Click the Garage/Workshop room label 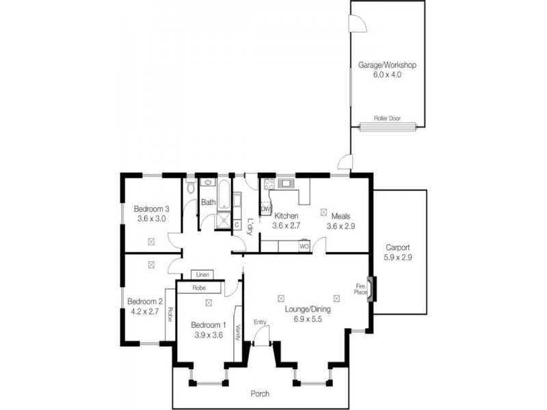[386, 66]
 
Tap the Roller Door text [387, 118]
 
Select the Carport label [397, 247]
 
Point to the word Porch [260, 394]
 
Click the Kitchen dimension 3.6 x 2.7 [286, 225]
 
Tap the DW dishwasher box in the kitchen [266, 208]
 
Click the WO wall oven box [304, 245]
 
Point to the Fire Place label [360, 290]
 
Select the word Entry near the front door [260, 322]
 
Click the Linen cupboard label [202, 275]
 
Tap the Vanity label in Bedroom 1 [237, 333]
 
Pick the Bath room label [209, 202]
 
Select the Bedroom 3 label [151, 209]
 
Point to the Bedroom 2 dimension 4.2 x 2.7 [146, 311]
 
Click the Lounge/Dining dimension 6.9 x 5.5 [308, 319]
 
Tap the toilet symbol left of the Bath [191, 187]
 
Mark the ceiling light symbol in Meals [323, 212]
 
